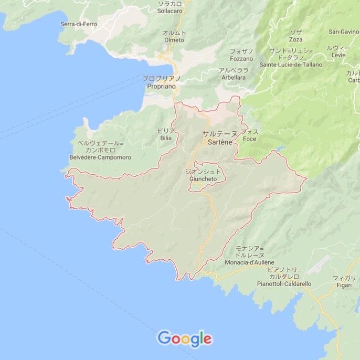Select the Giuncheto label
(204, 178)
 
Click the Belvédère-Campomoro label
(100, 156)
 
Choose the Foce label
(250, 140)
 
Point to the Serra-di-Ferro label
(79, 24)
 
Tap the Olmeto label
(174, 39)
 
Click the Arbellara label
(233, 77)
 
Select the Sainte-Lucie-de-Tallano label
(287, 65)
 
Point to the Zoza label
(296, 39)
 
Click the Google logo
(185, 338)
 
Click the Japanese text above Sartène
(219, 134)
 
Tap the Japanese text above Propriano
(162, 78)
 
